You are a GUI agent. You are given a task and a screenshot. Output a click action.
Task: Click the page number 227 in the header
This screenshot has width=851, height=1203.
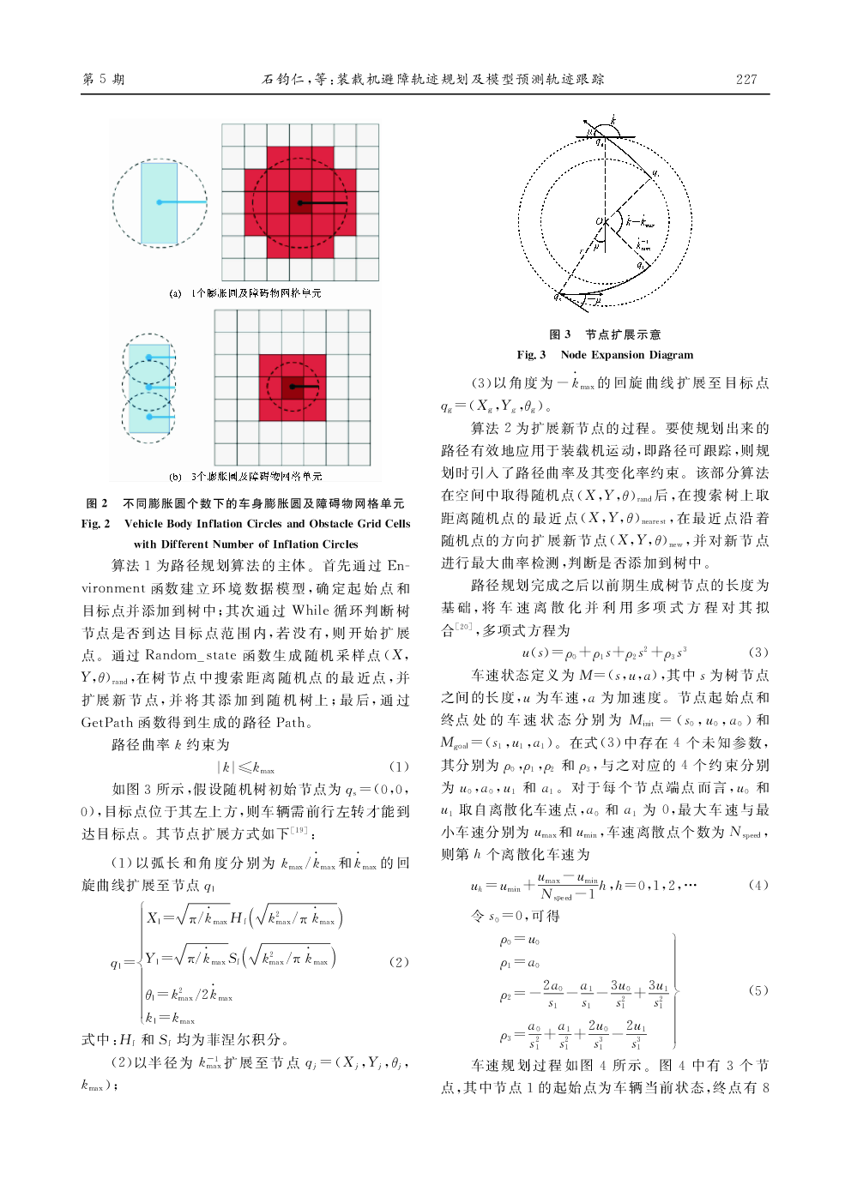tap(746, 79)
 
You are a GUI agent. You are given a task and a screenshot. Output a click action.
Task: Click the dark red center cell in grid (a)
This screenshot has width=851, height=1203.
tap(299, 203)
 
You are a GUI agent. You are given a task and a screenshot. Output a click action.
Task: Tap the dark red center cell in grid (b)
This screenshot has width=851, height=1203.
tap(293, 387)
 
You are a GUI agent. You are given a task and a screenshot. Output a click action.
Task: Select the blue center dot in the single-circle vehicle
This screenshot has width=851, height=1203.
tap(160, 202)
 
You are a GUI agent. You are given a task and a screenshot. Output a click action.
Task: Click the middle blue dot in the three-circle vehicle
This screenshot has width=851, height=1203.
tap(149, 388)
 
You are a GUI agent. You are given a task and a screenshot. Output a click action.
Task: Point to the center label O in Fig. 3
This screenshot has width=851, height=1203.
tap(600, 222)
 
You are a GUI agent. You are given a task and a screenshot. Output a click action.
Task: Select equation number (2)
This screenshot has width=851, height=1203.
tap(399, 962)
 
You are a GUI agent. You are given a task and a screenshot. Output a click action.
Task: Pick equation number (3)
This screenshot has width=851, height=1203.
tap(758, 653)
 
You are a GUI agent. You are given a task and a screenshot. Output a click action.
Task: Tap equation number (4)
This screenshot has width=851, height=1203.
tap(758, 885)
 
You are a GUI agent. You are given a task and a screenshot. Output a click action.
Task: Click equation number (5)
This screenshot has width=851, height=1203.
tap(758, 990)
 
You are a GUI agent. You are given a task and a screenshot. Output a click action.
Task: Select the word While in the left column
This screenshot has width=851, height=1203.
tap(311, 611)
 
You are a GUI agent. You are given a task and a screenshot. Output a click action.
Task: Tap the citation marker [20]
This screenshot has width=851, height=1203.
tap(463, 628)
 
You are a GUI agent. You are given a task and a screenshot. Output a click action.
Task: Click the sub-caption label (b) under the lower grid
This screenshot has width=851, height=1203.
tap(175, 477)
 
